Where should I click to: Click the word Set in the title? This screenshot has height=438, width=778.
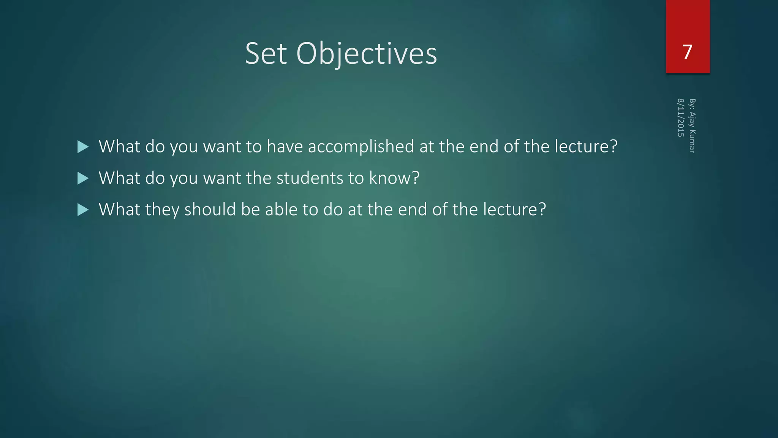[x=266, y=54]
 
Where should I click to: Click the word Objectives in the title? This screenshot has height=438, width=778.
[x=366, y=54]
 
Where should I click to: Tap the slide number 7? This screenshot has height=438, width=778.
[x=687, y=52]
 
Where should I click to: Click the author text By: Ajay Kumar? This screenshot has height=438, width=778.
[x=692, y=126]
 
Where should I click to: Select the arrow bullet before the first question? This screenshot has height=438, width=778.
[x=82, y=147]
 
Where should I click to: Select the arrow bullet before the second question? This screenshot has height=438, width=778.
[x=82, y=178]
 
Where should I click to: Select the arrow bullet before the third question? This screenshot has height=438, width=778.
[x=82, y=210]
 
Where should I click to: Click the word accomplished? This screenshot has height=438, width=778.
[x=361, y=147]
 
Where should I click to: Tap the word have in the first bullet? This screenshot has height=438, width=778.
[x=285, y=147]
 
